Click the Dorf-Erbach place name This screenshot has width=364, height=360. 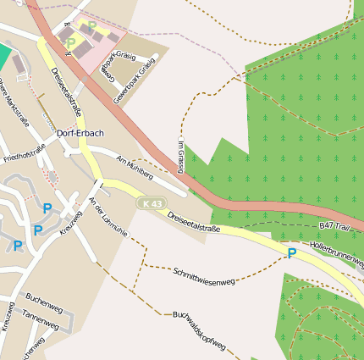pos(80,133)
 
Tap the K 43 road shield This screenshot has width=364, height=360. pos(152,204)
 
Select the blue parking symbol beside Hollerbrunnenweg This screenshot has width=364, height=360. pos(292,253)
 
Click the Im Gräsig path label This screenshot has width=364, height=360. pos(180,153)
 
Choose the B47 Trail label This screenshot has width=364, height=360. pos(334,226)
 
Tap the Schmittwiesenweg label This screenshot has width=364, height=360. pos(204,275)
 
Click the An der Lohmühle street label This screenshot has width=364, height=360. pos(107,216)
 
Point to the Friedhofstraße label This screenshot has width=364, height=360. pos(24,153)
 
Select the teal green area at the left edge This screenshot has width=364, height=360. pos(5,56)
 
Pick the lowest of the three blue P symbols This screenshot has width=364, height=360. pos(18,246)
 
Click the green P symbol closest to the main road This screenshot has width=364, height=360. pos(71,42)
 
